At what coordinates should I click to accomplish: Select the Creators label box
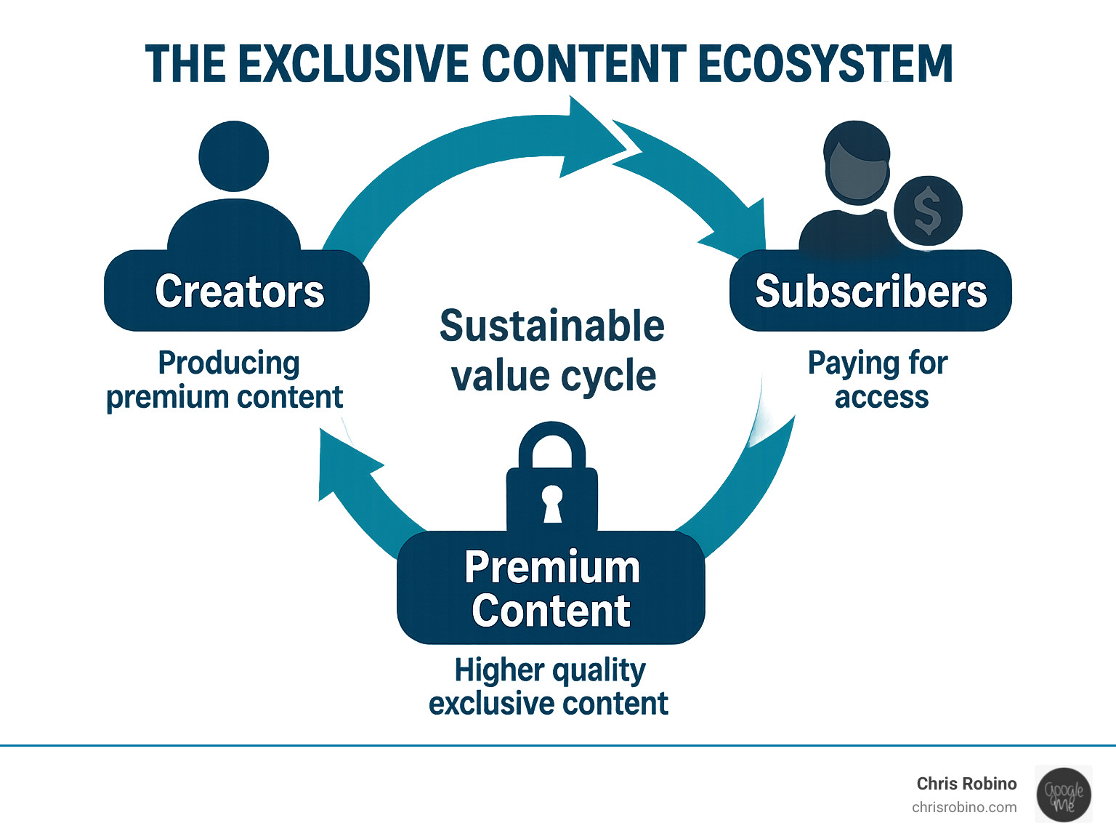click(x=237, y=291)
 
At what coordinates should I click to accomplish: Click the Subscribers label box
click(x=870, y=291)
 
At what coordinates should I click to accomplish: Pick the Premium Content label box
click(x=551, y=588)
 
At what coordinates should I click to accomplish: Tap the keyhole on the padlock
click(x=552, y=502)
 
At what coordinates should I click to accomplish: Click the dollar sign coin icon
click(x=928, y=211)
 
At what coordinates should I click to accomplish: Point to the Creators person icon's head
click(x=234, y=156)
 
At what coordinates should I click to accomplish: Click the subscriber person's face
click(x=857, y=171)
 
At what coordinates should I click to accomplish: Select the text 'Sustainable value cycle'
click(x=552, y=350)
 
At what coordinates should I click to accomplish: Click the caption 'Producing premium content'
click(x=225, y=380)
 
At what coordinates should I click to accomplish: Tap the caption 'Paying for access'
click(x=879, y=380)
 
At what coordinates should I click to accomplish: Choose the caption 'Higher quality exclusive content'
click(x=549, y=686)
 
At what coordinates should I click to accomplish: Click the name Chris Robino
click(x=966, y=783)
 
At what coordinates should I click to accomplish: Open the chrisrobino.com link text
click(x=964, y=807)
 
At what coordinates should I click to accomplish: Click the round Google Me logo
click(x=1064, y=795)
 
